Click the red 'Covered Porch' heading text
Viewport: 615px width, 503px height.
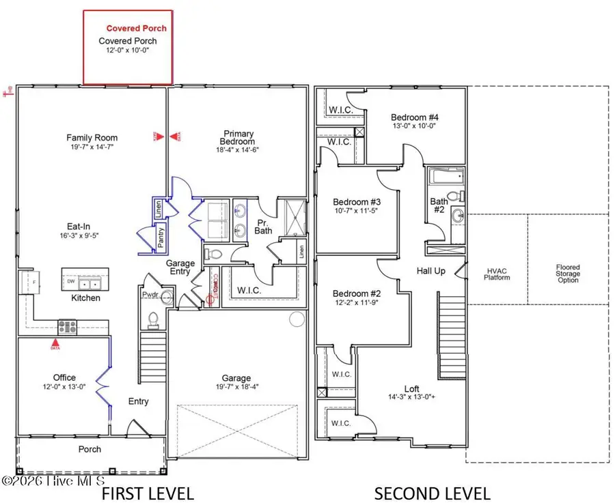[137, 29]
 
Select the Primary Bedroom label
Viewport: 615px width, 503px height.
[238, 139]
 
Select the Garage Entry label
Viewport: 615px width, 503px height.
[181, 268]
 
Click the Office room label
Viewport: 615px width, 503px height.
[64, 377]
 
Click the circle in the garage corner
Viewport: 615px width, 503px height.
[296, 319]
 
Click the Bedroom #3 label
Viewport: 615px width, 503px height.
[356, 202]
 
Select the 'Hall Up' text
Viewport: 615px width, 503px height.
[431, 271]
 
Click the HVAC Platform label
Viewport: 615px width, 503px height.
[497, 274]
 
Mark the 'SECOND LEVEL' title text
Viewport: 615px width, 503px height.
[431, 493]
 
